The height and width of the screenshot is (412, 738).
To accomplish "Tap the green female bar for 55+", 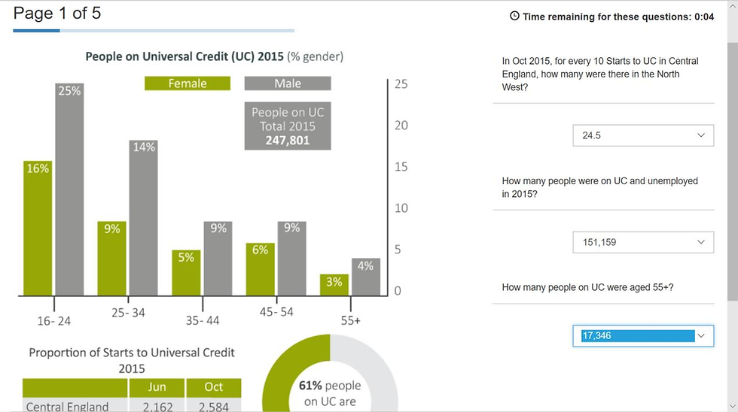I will click(x=334, y=285).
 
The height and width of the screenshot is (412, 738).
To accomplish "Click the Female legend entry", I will click(x=188, y=83).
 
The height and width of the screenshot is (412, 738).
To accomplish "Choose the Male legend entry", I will click(x=288, y=83).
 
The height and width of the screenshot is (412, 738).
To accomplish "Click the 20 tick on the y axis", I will click(x=401, y=126).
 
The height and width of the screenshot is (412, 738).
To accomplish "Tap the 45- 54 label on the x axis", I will click(x=276, y=312).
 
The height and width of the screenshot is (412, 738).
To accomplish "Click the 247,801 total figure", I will click(x=288, y=140).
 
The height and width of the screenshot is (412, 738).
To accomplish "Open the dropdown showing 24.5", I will click(x=642, y=136).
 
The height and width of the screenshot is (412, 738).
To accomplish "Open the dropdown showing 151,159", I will click(x=642, y=242).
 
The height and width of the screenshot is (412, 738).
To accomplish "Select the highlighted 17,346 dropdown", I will click(x=642, y=336).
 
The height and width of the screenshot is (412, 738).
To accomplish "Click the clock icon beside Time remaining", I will click(x=515, y=16).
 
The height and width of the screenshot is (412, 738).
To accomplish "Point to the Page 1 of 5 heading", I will click(x=57, y=13).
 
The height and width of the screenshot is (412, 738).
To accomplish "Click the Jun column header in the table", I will click(x=156, y=387).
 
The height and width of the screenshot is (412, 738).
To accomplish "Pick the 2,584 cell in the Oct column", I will click(x=214, y=407).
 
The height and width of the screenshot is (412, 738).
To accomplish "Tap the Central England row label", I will click(x=67, y=407).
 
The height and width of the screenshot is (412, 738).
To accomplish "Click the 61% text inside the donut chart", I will click(x=311, y=386).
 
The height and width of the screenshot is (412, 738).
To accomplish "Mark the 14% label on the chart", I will click(x=144, y=147).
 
